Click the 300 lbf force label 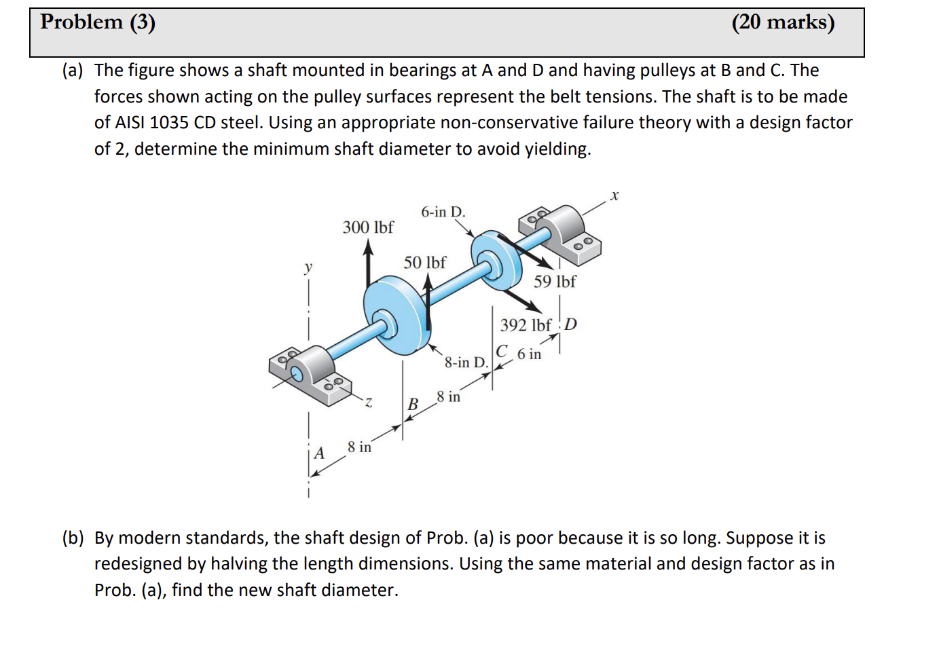point(367,227)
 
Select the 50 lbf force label point(424,263)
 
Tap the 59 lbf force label point(554,282)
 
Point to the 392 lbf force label point(525,325)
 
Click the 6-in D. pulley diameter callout point(443,212)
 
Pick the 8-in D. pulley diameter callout point(466,362)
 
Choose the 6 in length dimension point(529,354)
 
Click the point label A point(318,453)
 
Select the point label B point(412,405)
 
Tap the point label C point(501,352)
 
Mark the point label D point(570,324)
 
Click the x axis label point(614,195)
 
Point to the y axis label point(308,267)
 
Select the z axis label point(368,403)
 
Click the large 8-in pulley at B point(394,316)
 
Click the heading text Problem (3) point(98,22)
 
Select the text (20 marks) point(783,22)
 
